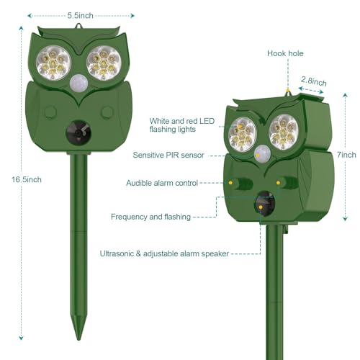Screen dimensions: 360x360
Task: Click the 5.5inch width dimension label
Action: click(x=80, y=16)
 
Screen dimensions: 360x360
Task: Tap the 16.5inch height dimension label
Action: click(x=27, y=179)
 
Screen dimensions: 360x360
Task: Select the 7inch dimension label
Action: click(x=346, y=155)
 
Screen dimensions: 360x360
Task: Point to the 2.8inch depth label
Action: click(x=314, y=81)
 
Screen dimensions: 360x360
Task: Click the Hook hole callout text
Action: click(x=285, y=53)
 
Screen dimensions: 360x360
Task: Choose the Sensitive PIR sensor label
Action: click(x=168, y=155)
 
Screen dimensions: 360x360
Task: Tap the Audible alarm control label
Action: click(x=162, y=183)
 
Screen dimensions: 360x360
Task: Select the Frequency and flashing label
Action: click(x=150, y=217)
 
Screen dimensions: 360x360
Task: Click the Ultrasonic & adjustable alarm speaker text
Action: click(x=164, y=253)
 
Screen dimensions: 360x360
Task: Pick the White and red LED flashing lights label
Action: click(x=182, y=125)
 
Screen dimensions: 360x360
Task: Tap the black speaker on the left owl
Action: click(x=78, y=132)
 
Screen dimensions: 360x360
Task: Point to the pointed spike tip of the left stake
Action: click(x=78, y=339)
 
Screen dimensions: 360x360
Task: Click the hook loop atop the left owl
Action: click(x=78, y=26)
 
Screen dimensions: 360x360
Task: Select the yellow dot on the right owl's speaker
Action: click(x=261, y=207)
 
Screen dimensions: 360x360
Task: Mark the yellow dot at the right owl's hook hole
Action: click(x=288, y=91)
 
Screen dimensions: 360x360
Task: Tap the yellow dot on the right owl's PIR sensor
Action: click(x=258, y=156)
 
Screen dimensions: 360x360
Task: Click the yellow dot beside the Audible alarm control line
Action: click(x=230, y=183)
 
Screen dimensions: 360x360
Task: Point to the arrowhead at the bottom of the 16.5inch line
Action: click(x=21, y=338)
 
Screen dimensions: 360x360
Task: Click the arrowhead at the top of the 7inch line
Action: click(x=345, y=96)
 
